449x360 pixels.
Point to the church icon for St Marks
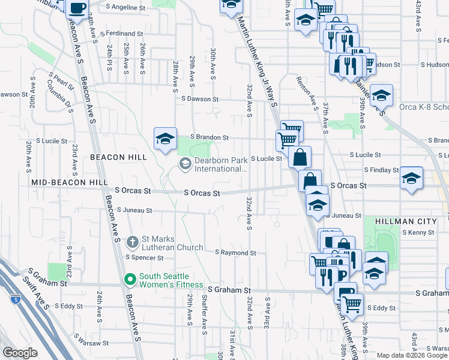pos(133,243)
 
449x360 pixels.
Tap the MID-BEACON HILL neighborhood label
pos(70,181)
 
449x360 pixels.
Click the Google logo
pos(20,353)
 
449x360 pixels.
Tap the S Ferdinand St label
pos(122,34)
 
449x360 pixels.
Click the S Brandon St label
pos(209,137)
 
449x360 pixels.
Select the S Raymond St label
pos(235,253)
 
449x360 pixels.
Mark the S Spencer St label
pos(144,258)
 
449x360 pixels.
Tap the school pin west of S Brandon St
pos(165,139)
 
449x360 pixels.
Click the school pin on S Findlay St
pos(412,178)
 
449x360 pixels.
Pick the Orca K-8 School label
pos(424,107)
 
